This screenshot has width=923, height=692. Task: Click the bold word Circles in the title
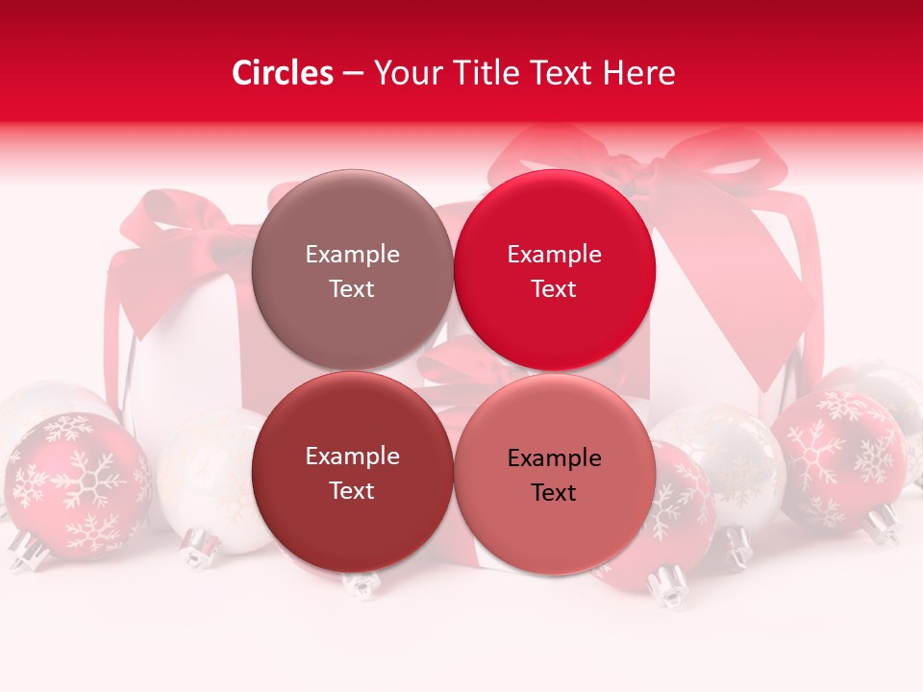click(283, 73)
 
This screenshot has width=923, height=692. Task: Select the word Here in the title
click(642, 73)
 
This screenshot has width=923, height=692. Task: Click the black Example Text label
click(554, 475)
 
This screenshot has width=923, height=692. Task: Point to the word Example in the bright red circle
click(554, 255)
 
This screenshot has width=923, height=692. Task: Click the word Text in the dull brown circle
click(352, 289)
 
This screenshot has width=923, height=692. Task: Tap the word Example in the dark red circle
click(352, 457)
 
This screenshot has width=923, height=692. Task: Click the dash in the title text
click(353, 74)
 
